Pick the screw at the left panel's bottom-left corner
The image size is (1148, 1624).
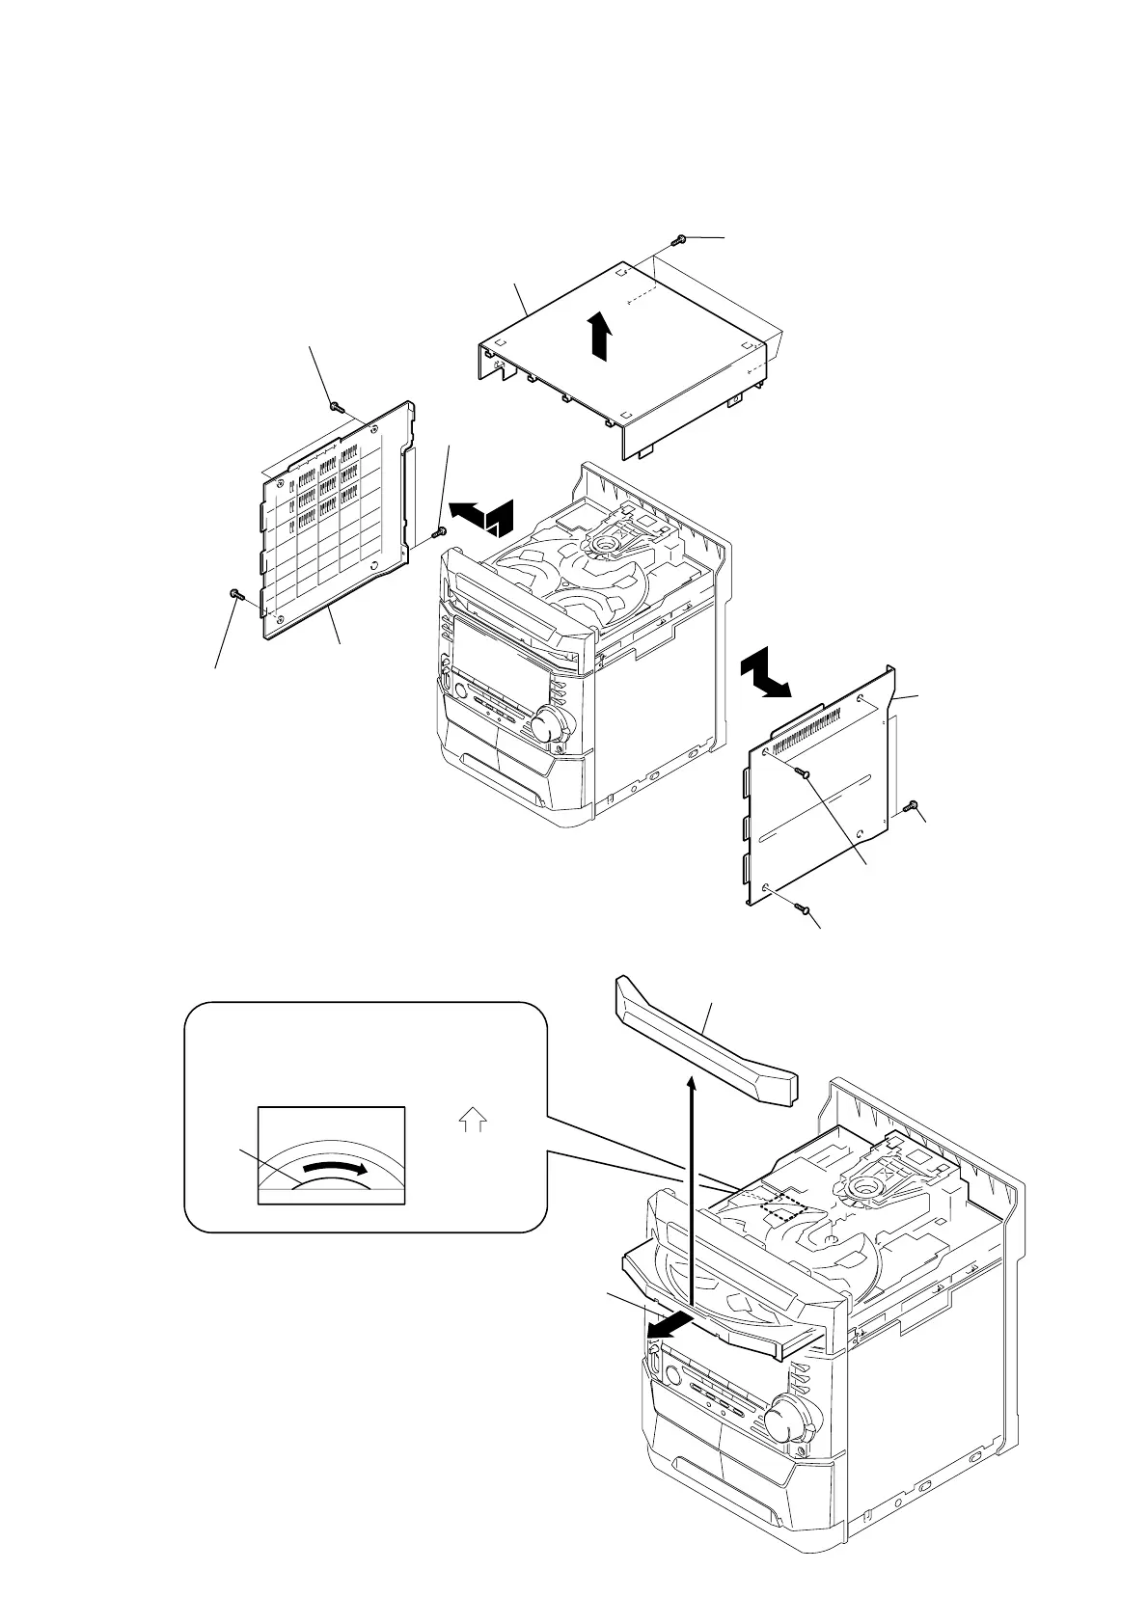pos(234,594)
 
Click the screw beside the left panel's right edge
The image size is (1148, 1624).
pos(440,530)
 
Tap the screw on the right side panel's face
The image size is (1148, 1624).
pos(803,771)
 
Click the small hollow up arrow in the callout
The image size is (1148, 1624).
pos(475,1121)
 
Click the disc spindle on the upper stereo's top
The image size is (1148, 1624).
pos(604,545)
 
